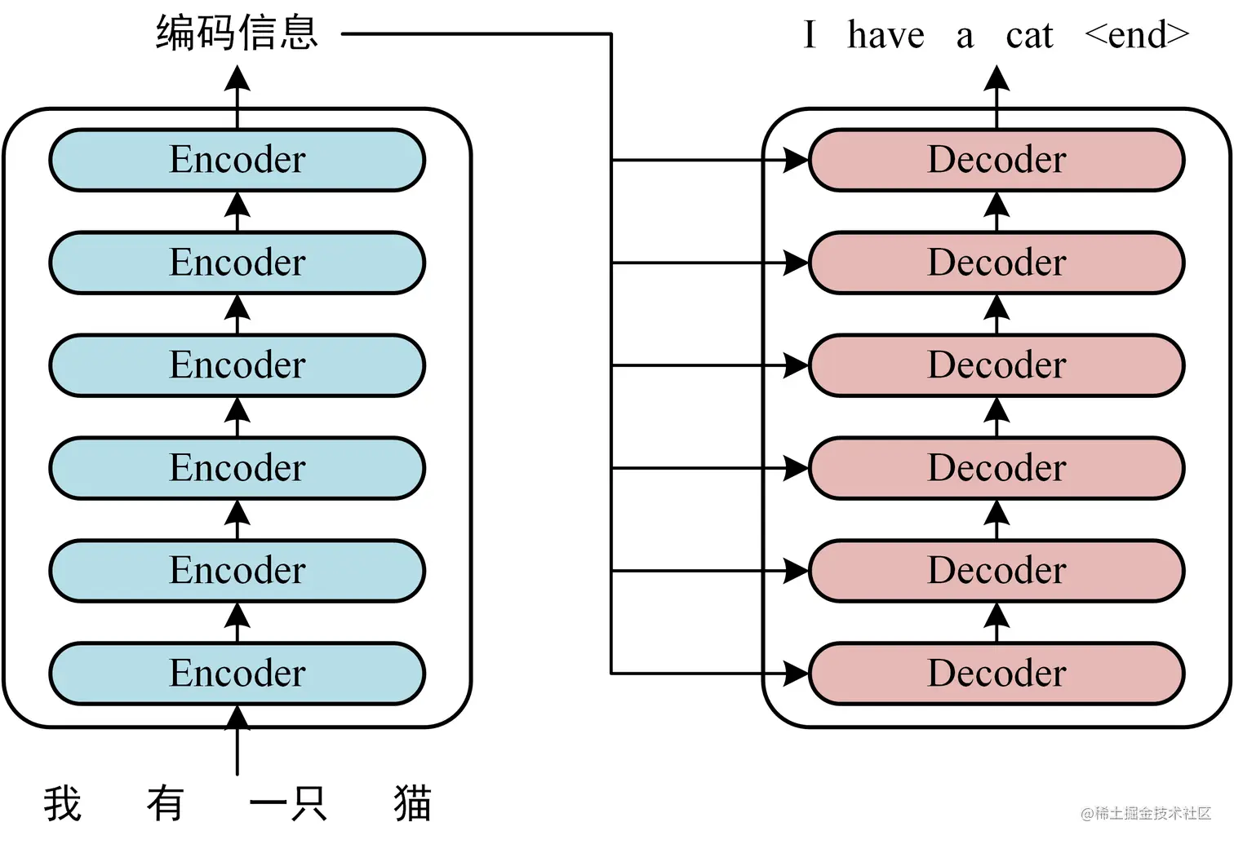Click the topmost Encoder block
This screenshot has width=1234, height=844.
[237, 160]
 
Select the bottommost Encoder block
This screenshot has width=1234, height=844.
[237, 674]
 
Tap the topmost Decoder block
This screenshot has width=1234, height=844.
[997, 160]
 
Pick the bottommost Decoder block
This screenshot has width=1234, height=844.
[997, 674]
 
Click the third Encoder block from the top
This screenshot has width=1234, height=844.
[237, 365]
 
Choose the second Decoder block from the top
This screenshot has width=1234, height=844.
[997, 263]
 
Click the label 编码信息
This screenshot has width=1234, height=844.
[237, 34]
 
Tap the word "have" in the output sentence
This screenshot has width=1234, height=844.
[886, 36]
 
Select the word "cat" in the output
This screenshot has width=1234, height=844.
[1029, 36]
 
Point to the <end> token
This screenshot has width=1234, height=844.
[1137, 36]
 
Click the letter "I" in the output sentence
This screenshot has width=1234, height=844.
[809, 36]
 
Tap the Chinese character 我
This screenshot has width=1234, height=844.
[63, 804]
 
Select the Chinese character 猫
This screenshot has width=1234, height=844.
[412, 804]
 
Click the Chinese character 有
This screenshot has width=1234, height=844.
[166, 804]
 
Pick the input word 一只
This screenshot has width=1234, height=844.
[288, 804]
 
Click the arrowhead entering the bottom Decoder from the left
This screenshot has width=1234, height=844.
[795, 674]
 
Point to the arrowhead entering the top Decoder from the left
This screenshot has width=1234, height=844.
[795, 160]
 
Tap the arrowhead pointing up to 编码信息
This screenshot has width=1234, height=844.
[237, 78]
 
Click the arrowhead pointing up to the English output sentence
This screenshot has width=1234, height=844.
[997, 78]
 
